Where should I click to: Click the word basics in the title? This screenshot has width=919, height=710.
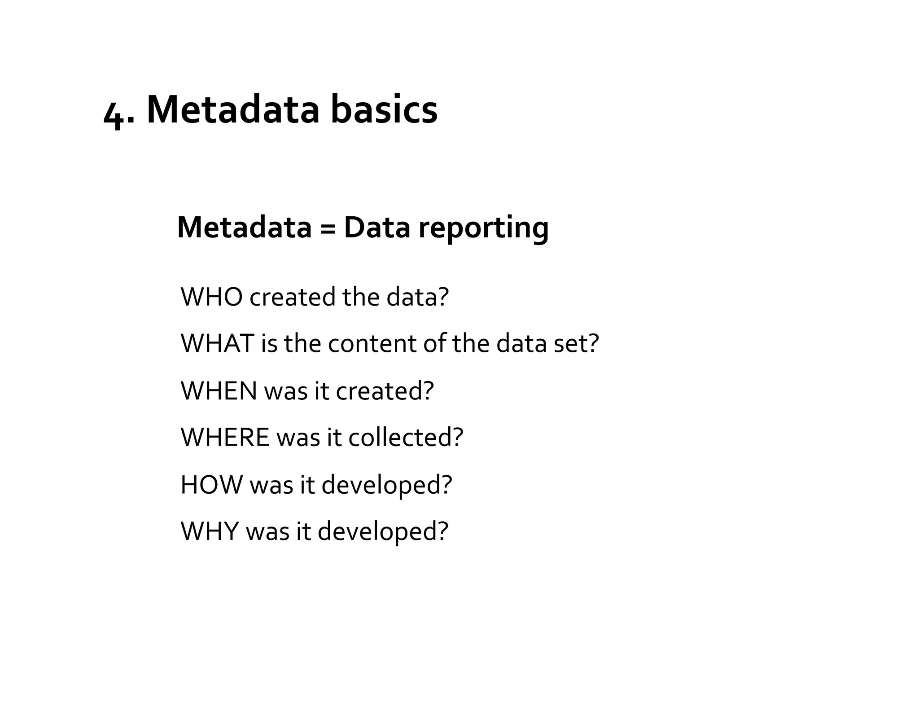[384, 110]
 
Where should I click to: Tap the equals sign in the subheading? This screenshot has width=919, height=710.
[328, 228]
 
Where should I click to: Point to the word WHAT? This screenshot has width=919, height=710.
[217, 344]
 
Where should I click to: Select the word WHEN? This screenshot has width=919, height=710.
[219, 391]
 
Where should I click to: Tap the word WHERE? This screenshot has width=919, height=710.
[225, 438]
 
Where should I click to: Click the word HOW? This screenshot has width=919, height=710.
[211, 485]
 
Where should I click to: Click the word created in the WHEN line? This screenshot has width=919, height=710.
[380, 391]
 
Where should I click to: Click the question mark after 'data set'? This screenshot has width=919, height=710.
[594, 344]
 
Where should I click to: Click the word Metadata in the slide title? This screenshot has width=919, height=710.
[233, 110]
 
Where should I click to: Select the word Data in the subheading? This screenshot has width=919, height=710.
[377, 228]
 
